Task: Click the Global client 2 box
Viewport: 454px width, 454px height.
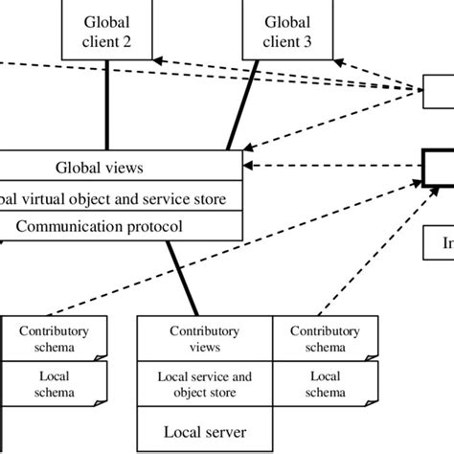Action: click(x=108, y=31)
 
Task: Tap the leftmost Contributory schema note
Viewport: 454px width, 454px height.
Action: click(x=54, y=339)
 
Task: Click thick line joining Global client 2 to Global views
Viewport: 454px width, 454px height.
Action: click(x=108, y=105)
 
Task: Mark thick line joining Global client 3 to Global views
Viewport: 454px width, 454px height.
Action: click(x=243, y=105)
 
